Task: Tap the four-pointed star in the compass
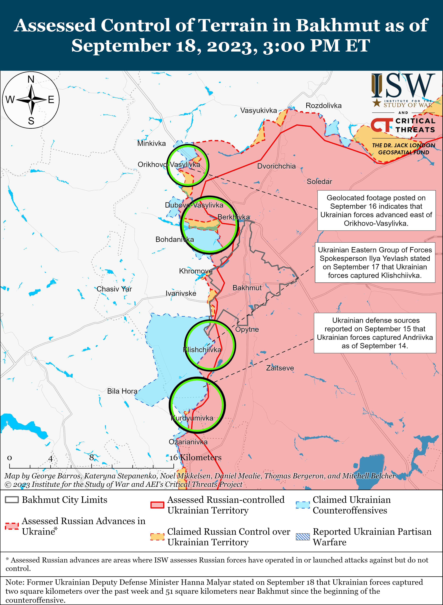click(31, 100)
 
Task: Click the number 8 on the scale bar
click(91, 457)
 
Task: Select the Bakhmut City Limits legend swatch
click(12, 500)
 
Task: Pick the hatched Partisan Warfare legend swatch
click(303, 537)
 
